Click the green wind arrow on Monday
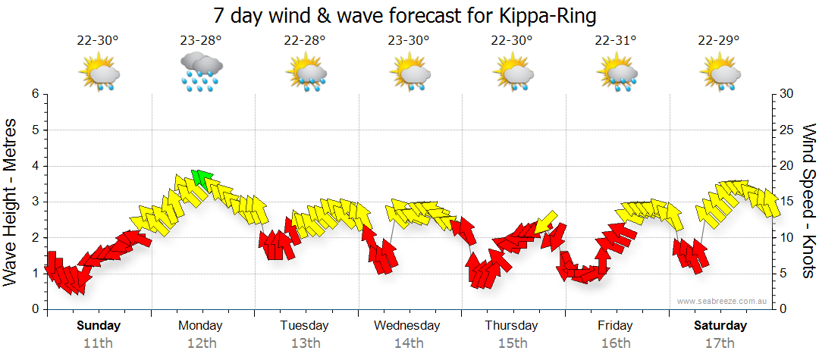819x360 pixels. [x=201, y=179]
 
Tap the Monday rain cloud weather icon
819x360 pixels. [x=201, y=72]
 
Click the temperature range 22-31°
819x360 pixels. [x=615, y=41]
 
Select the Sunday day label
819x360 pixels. [x=99, y=326]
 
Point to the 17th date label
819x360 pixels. [x=719, y=343]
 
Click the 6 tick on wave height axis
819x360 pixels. [x=34, y=94]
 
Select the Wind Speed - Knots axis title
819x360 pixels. [x=808, y=201]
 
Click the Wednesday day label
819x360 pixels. [x=407, y=326]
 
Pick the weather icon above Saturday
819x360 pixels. [x=720, y=74]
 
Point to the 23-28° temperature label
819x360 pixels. [x=201, y=41]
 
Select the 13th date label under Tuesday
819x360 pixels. [x=305, y=343]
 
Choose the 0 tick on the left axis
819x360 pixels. [x=34, y=309]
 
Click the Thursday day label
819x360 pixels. [x=511, y=326]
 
